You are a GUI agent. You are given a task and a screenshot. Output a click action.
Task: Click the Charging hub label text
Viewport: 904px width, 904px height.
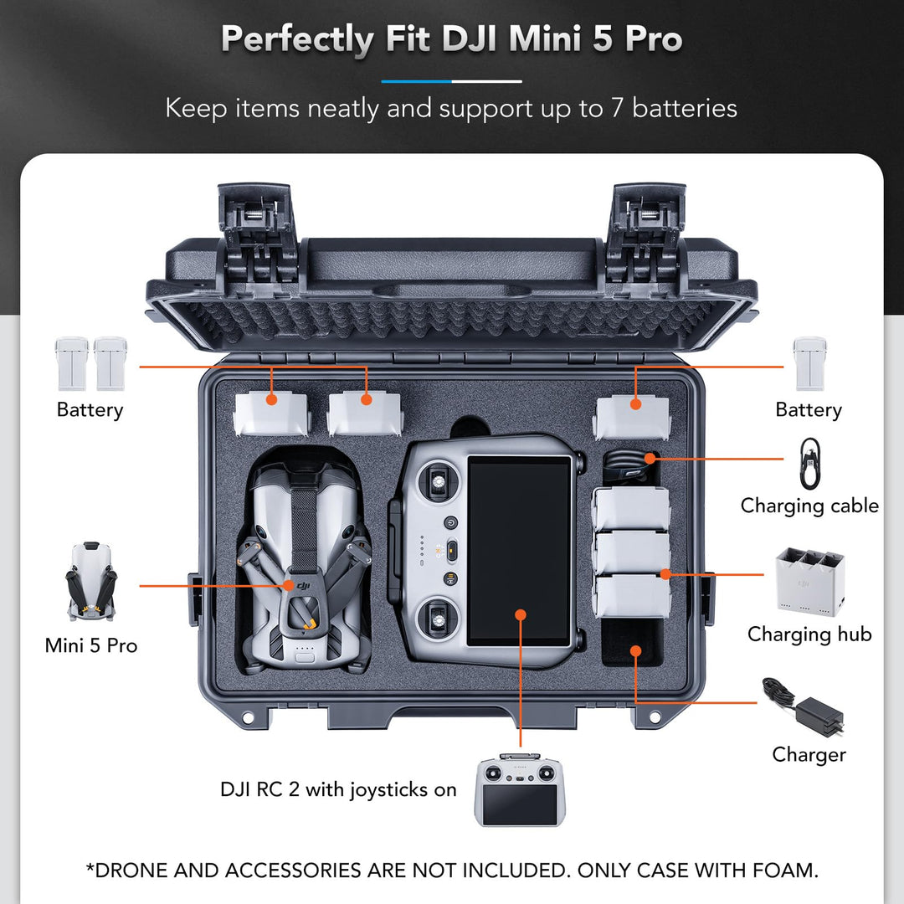[x=809, y=634]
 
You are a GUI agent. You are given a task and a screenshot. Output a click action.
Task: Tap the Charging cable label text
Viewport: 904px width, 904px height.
[x=809, y=506]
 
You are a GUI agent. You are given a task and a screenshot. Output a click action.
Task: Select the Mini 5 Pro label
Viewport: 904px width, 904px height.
[x=91, y=645]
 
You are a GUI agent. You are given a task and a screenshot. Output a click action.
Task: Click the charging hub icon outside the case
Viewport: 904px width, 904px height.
[x=810, y=583]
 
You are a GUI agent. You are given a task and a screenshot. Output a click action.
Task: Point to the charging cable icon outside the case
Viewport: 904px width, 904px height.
[x=809, y=463]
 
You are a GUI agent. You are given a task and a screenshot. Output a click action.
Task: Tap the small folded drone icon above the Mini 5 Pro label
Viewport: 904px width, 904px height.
[x=91, y=581]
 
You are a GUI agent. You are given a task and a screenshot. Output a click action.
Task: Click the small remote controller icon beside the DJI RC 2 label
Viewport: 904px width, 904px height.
[x=520, y=789]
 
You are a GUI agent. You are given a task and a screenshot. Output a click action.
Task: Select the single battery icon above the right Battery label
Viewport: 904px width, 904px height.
[x=809, y=364]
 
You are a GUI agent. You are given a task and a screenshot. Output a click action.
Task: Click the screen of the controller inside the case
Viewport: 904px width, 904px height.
[x=519, y=551]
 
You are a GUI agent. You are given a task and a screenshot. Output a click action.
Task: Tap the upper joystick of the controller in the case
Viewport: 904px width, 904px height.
[x=438, y=480]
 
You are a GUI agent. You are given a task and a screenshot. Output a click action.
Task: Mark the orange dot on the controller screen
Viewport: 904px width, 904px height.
[x=521, y=614]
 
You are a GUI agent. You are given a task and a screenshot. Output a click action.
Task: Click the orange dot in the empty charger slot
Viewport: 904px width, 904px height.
[x=635, y=651]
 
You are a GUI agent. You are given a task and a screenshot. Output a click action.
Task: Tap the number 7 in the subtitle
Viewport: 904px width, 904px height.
[x=616, y=108]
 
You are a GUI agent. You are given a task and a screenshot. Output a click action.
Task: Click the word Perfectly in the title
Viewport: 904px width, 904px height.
[x=298, y=39]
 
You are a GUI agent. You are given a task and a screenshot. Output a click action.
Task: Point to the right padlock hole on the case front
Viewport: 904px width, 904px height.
[x=655, y=717]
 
